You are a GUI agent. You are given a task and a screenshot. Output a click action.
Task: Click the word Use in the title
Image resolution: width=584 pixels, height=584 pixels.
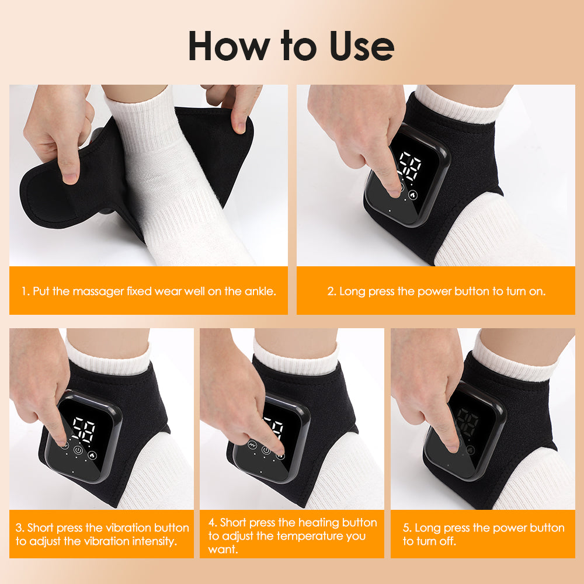pos(362,47)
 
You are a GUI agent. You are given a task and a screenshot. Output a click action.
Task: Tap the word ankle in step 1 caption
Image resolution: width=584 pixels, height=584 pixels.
pos(257,291)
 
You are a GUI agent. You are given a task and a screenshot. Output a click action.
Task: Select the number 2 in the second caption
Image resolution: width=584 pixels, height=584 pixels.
pos(331,291)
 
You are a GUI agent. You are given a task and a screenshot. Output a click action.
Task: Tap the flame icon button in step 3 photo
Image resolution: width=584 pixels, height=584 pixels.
pos(92,453)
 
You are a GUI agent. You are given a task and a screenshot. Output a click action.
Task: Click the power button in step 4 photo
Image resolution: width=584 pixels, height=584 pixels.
pos(267,450)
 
